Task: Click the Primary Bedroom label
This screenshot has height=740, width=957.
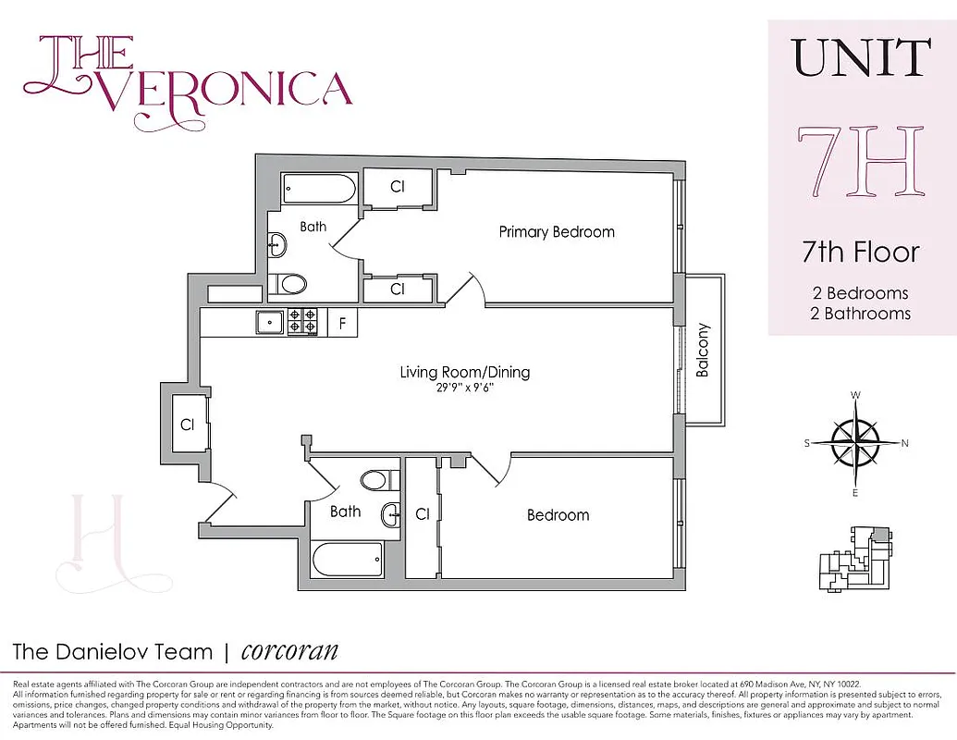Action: coord(557,232)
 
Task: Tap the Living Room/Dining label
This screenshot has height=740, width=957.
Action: coord(465,373)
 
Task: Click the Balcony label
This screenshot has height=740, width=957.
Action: coord(703,350)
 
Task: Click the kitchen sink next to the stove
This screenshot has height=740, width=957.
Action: coord(271,322)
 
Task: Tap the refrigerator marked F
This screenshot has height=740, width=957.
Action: coord(342,323)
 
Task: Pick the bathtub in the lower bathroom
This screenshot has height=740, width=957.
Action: coord(348,558)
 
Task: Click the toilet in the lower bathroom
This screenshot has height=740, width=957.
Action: coord(376,479)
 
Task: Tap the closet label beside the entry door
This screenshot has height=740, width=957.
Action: coord(187,425)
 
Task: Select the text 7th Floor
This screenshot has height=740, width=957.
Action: coord(861,252)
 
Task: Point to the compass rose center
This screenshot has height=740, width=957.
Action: coord(855,443)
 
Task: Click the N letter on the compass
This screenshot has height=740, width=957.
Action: coord(904,443)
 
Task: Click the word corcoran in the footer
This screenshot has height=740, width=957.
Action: coord(289,651)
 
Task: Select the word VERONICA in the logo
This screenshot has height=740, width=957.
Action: coord(231,89)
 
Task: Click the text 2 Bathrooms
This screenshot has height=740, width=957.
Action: coord(861,314)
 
